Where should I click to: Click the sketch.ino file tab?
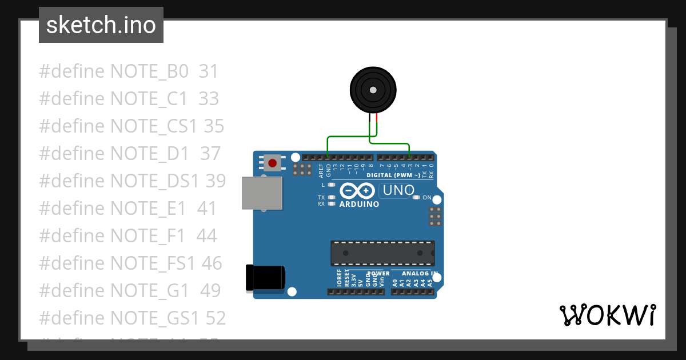101,25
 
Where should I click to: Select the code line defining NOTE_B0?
129,71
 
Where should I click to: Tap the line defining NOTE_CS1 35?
131,126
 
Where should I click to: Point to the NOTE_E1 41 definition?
127,209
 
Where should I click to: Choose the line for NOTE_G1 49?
130,291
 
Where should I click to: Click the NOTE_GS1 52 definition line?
132,318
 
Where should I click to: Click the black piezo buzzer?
373,90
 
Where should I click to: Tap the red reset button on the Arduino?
273,163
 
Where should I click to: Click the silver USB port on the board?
262,193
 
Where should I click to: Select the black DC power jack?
265,278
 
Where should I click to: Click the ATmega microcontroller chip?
382,253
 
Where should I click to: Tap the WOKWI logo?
607,315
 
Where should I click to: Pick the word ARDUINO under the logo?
359,204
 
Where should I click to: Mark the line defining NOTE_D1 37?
129,154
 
